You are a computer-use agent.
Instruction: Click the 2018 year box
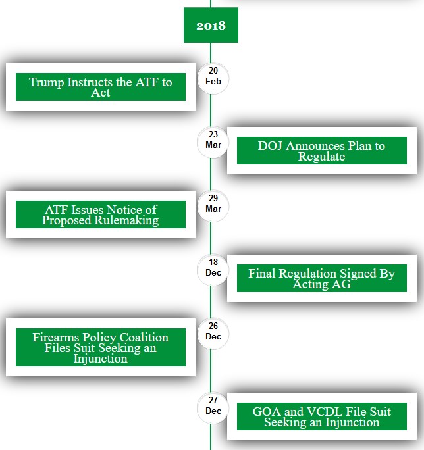(211, 25)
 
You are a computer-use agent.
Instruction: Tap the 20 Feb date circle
(213, 78)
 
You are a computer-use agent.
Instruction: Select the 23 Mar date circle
(213, 142)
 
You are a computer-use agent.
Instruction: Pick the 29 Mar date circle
(213, 206)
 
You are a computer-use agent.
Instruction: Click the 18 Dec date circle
(213, 270)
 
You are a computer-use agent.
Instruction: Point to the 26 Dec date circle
(213, 334)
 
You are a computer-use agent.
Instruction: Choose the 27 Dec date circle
(213, 408)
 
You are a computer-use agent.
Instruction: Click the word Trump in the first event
(46, 83)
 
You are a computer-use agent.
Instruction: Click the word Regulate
(321, 157)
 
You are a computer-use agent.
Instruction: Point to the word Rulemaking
(126, 220)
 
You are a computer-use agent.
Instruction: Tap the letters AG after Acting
(341, 284)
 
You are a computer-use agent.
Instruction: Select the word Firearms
(56, 337)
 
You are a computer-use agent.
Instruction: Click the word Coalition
(144, 337)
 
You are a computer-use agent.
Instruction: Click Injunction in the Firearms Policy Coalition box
(100, 359)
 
